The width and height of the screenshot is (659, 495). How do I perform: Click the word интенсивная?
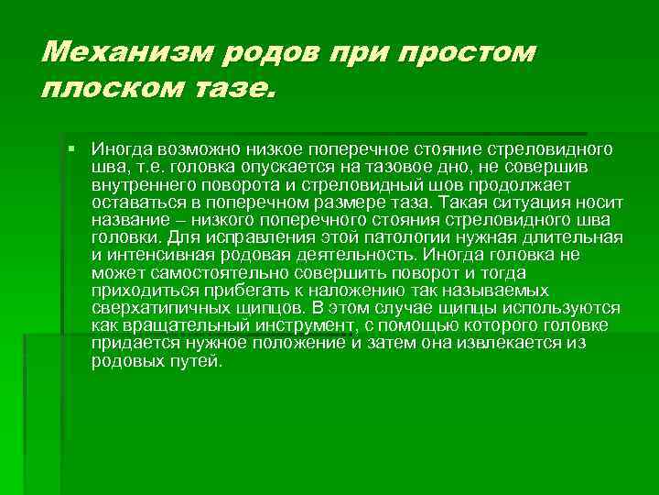(159, 255)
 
